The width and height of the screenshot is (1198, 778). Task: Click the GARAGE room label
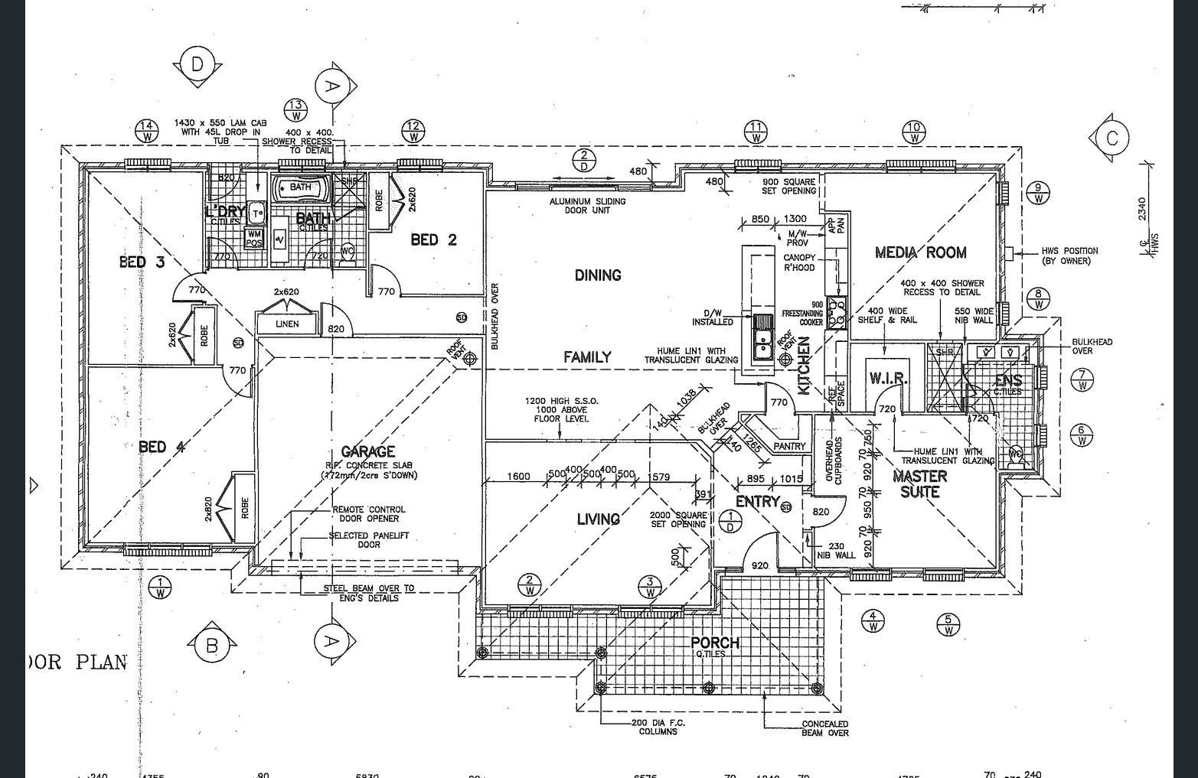tap(368, 452)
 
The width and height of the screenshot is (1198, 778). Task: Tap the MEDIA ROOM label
tap(920, 252)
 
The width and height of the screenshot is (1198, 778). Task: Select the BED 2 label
tap(433, 239)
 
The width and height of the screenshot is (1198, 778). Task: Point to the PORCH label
tap(715, 643)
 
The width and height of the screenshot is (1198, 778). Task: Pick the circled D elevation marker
tap(197, 65)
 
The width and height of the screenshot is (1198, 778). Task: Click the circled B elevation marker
tap(212, 646)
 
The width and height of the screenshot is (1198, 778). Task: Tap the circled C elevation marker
tap(1112, 138)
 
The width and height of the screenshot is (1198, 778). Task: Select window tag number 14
tap(147, 132)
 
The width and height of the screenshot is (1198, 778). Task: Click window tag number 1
tap(160, 588)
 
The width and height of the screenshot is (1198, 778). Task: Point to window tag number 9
tap(1038, 193)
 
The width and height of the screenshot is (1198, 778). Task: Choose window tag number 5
tap(948, 625)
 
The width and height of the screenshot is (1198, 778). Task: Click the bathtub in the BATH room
tap(301, 187)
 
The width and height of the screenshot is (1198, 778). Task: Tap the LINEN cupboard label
tap(287, 324)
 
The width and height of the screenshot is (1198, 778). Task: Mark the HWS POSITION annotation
tap(1069, 256)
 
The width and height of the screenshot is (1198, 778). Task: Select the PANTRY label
tap(789, 446)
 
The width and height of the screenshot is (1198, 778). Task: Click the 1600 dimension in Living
tap(518, 477)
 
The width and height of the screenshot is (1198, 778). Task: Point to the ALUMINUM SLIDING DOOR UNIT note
tap(587, 206)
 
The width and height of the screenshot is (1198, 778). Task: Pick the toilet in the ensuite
tap(1016, 453)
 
